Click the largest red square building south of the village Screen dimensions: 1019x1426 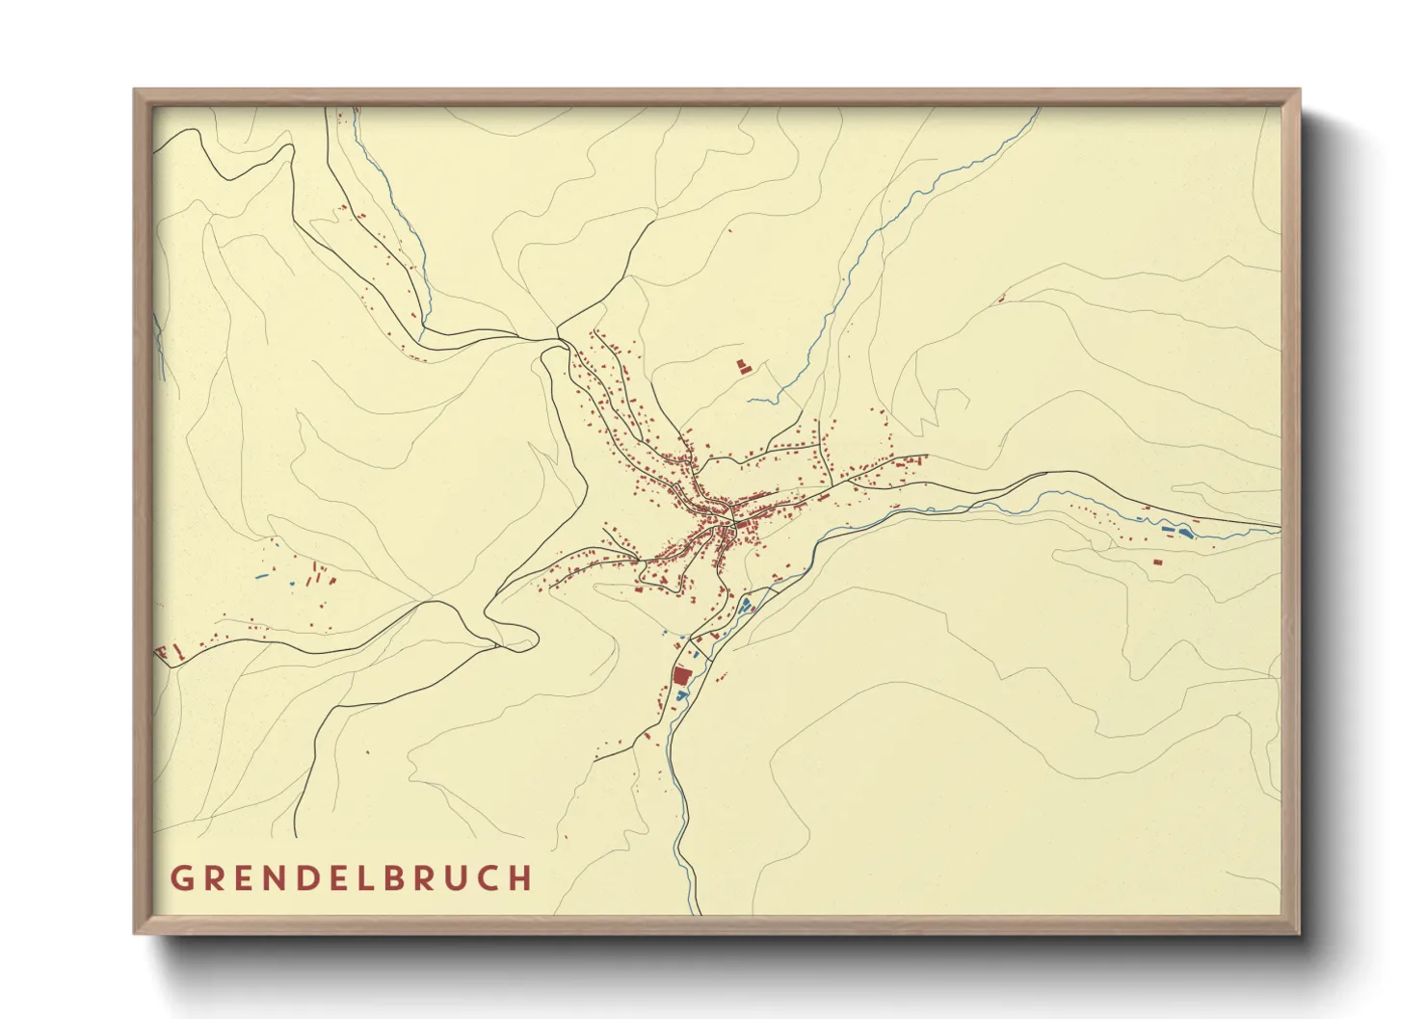click(682, 676)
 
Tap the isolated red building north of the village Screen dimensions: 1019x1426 click(743, 366)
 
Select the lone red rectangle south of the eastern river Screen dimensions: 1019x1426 click(1158, 562)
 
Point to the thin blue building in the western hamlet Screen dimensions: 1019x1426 click(261, 577)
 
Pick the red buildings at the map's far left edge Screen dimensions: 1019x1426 click(166, 653)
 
